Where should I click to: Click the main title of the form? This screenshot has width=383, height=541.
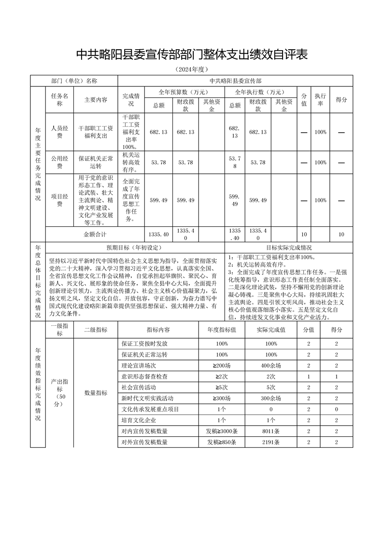192,55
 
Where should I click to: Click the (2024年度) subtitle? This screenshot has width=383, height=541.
192,70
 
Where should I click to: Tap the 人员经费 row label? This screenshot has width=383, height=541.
59,132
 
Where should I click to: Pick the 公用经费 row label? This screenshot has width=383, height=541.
59,162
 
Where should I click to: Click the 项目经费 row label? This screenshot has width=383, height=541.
59,200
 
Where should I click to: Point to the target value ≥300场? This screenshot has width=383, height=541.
222,398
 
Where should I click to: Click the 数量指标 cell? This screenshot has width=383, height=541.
96,393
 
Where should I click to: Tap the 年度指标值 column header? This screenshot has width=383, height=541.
222,330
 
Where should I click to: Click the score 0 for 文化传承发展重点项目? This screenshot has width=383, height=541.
336,409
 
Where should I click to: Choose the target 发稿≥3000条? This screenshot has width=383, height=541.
222,431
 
